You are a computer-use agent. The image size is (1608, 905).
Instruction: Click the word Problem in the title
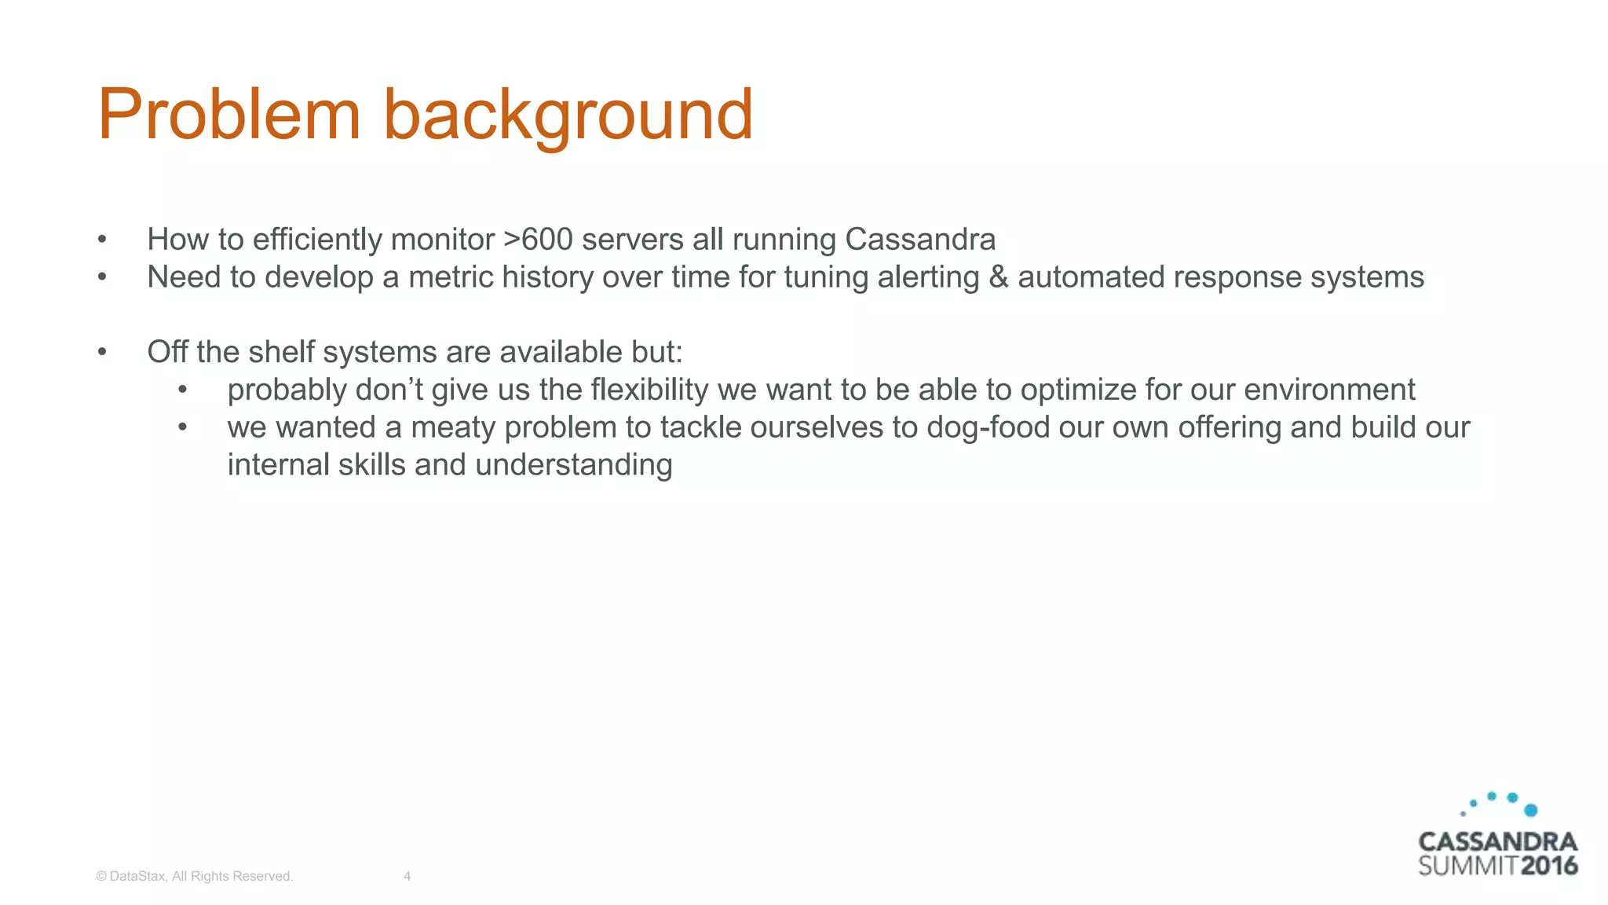228,115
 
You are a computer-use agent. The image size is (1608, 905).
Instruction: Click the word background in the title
567,115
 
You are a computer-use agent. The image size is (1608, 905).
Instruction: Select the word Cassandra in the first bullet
919,240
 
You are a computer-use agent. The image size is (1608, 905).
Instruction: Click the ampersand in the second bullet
998,277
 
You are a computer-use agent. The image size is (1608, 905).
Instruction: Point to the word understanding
573,465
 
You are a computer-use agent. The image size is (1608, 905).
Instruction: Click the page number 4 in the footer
407,876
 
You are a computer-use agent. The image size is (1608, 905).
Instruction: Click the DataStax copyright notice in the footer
194,876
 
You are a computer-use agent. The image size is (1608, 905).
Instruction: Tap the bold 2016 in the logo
1548,866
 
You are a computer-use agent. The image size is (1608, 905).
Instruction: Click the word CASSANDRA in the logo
1497,841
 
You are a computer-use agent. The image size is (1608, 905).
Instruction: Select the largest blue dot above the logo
1530,810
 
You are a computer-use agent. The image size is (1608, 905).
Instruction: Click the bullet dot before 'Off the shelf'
102,352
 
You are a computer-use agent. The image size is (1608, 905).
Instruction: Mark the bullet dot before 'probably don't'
182,390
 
